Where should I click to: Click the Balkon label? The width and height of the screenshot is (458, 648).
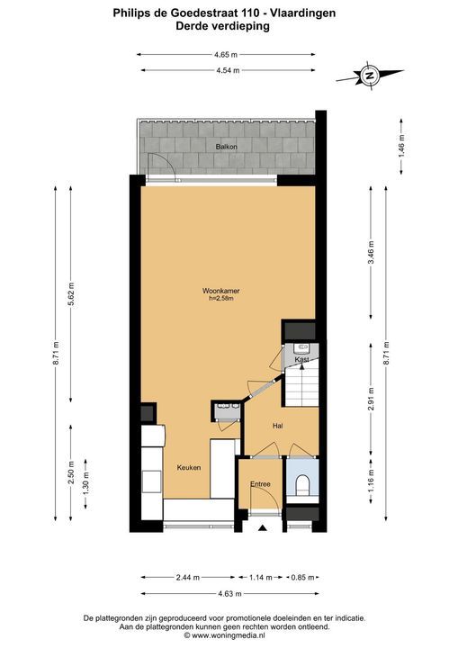coord(226,147)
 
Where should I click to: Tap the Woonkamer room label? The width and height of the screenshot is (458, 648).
coord(220,291)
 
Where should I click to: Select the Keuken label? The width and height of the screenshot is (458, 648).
coord(189,467)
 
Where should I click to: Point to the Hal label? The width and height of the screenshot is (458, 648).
coord(277,426)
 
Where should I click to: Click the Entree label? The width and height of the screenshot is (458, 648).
coord(260,484)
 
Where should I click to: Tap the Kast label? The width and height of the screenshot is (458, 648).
coord(301,359)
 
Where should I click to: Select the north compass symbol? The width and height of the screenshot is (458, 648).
coord(369,76)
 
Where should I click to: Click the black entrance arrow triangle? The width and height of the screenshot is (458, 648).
coord(262,527)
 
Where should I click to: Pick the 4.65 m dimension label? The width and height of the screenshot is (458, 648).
coord(226,54)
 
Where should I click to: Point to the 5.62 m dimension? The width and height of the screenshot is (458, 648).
coord(71,294)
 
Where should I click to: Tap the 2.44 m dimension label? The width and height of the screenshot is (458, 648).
coord(188,577)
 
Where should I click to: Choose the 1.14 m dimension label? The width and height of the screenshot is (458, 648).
coord(260,577)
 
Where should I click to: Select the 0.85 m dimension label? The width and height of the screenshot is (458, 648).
coord(303,577)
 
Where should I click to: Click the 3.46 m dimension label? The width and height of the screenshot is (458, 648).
coord(371,253)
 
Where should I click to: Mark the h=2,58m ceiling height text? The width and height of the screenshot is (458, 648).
coord(221,298)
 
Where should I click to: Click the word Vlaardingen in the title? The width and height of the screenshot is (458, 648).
coord(302,13)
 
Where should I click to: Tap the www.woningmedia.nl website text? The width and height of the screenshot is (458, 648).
coord(229,635)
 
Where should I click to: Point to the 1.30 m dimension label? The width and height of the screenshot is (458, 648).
coord(86,483)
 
